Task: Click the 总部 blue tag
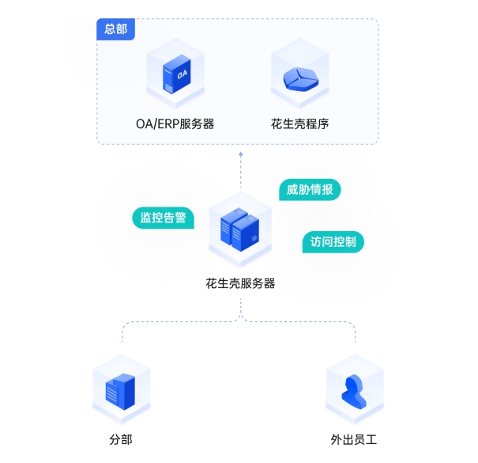pos(115,29)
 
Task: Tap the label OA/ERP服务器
pos(175,123)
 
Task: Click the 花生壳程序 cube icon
pos(299,77)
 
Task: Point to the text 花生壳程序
pos(299,123)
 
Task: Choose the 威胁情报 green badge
pos(309,190)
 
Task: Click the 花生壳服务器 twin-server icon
pos(240,230)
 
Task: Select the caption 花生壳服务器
pos(240,283)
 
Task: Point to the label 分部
pos(121,440)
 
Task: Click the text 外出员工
pos(354,440)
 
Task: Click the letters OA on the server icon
pos(183,74)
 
